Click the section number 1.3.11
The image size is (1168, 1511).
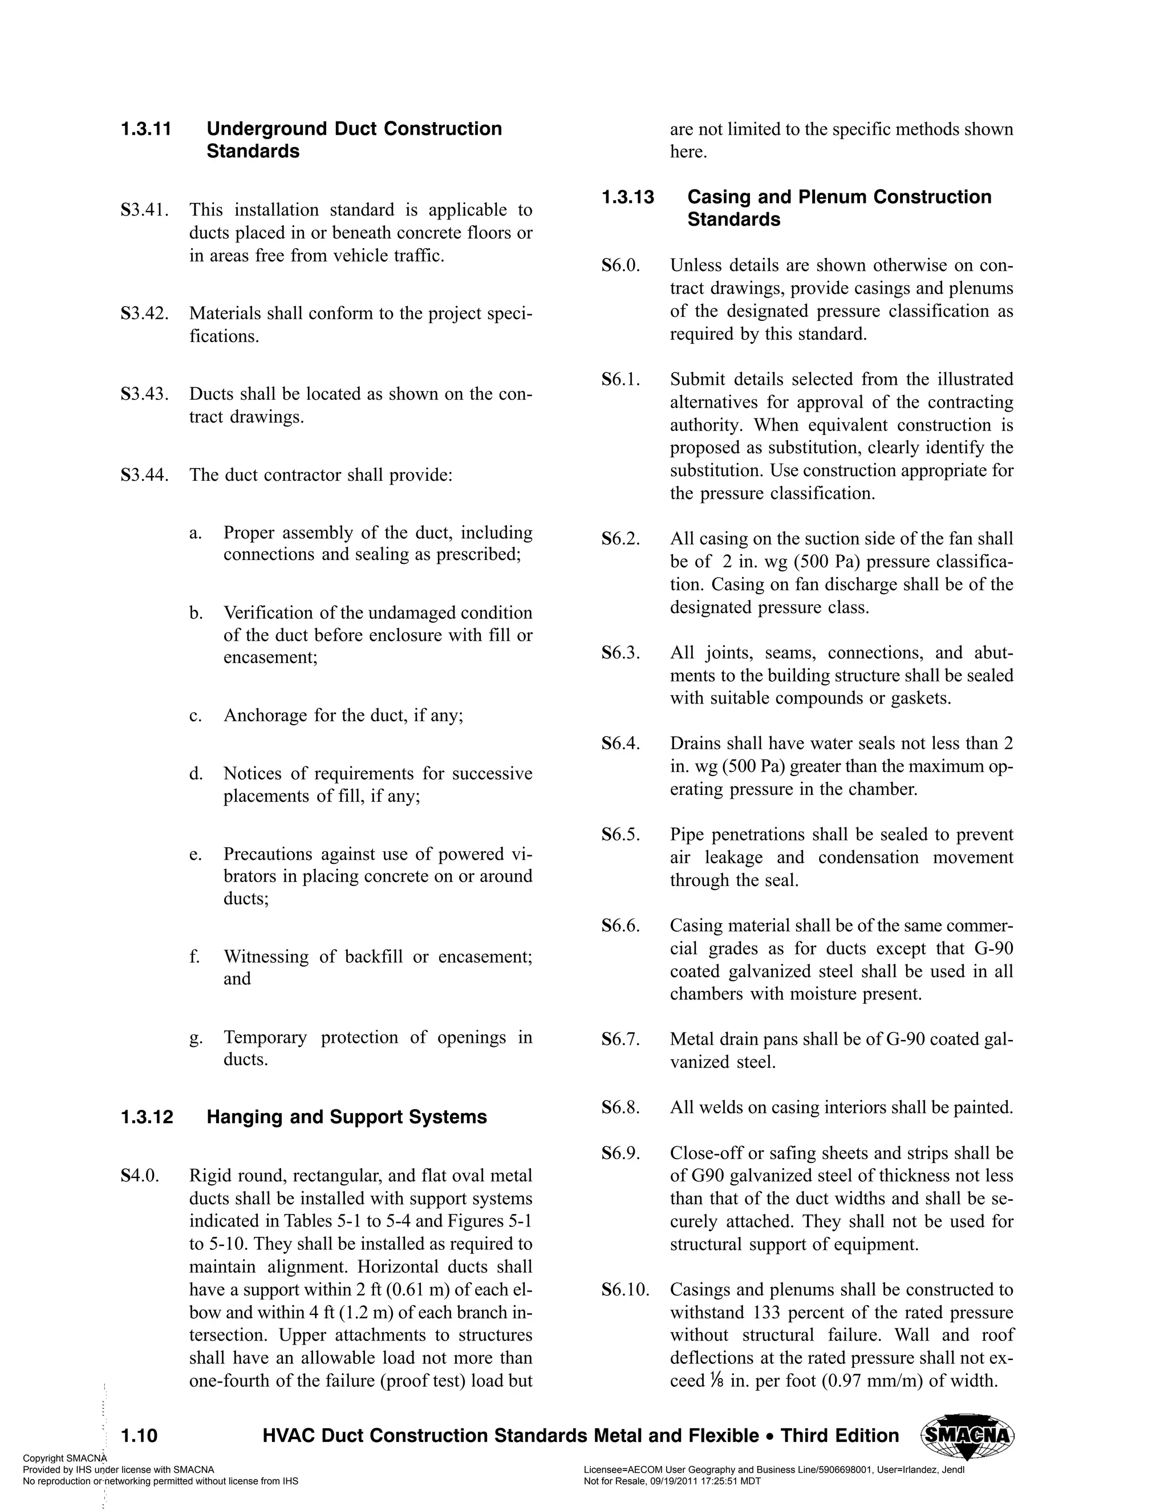pyautogui.click(x=146, y=129)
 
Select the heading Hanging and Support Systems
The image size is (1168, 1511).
pyautogui.click(x=346, y=1118)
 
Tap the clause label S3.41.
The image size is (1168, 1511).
pyautogui.click(x=145, y=210)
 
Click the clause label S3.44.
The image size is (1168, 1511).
pyautogui.click(x=145, y=476)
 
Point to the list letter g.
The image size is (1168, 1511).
pyautogui.click(x=196, y=1038)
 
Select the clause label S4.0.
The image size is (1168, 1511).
pyautogui.click(x=140, y=1176)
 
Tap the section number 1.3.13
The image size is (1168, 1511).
pyautogui.click(x=627, y=197)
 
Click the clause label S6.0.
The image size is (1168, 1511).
pyautogui.click(x=620, y=266)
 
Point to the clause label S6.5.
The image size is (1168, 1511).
pyautogui.click(x=620, y=835)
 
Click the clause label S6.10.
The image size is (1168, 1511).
pyautogui.click(x=626, y=1290)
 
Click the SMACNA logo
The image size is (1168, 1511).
pyautogui.click(x=967, y=1437)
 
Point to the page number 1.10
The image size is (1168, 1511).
pyautogui.click(x=139, y=1436)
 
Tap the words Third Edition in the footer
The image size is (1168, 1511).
pyautogui.click(x=839, y=1436)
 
